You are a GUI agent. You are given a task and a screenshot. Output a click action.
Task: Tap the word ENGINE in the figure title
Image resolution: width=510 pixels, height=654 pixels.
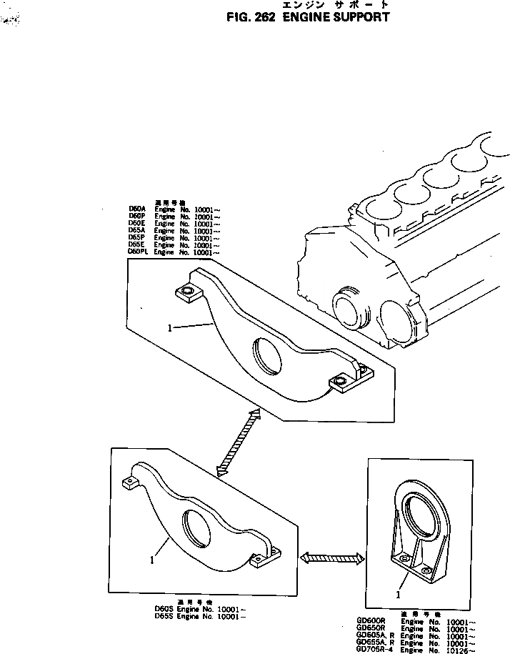(304, 16)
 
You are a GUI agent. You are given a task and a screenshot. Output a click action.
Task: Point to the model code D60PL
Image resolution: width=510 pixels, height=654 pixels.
(139, 252)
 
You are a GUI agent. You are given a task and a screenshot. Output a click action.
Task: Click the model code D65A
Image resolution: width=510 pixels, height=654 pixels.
(137, 230)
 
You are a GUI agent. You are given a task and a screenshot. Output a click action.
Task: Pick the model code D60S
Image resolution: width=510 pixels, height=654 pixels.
(164, 608)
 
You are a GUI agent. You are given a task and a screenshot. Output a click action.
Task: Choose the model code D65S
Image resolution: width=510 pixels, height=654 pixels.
(164, 616)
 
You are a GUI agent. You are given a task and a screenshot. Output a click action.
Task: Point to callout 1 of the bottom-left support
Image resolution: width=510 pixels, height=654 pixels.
(152, 561)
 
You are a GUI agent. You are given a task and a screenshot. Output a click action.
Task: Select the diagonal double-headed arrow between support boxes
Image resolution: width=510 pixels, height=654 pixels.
(237, 440)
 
